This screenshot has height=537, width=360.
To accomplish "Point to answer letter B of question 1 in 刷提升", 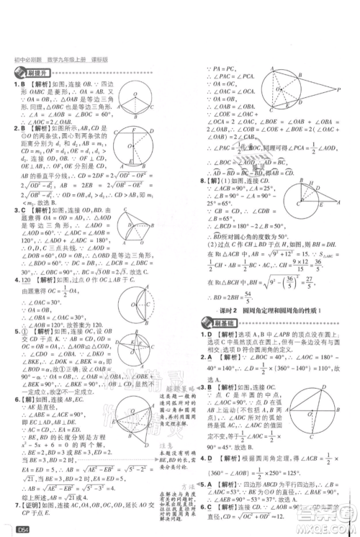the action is pyautogui.click(x=25, y=85).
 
